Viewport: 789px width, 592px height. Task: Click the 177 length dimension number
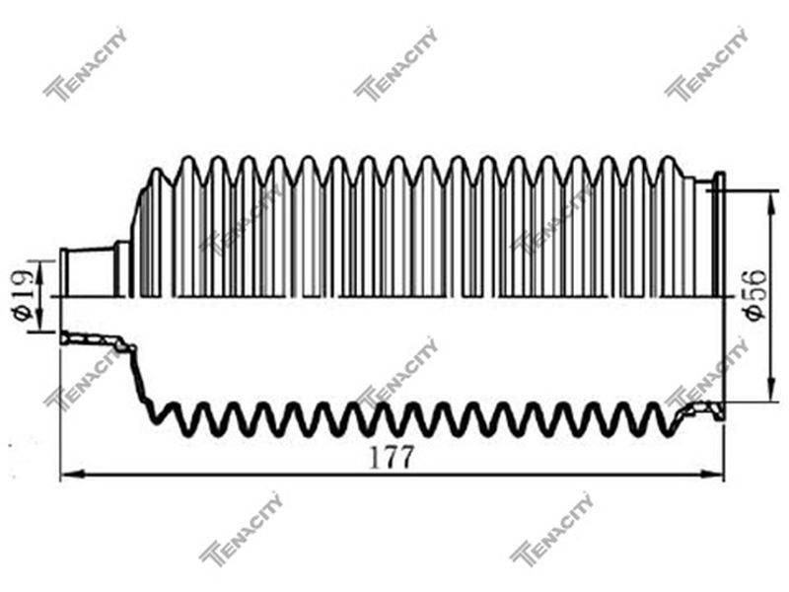[x=391, y=458]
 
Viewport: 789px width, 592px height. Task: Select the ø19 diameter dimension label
[x=22, y=294]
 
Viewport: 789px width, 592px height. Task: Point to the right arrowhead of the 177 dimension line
[x=711, y=474]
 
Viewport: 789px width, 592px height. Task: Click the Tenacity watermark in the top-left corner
[x=85, y=64]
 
